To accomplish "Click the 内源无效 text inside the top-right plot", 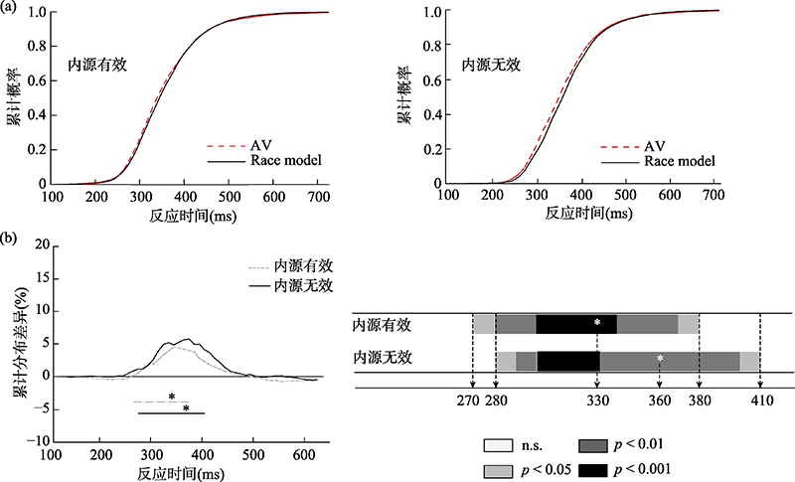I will (491, 64).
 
